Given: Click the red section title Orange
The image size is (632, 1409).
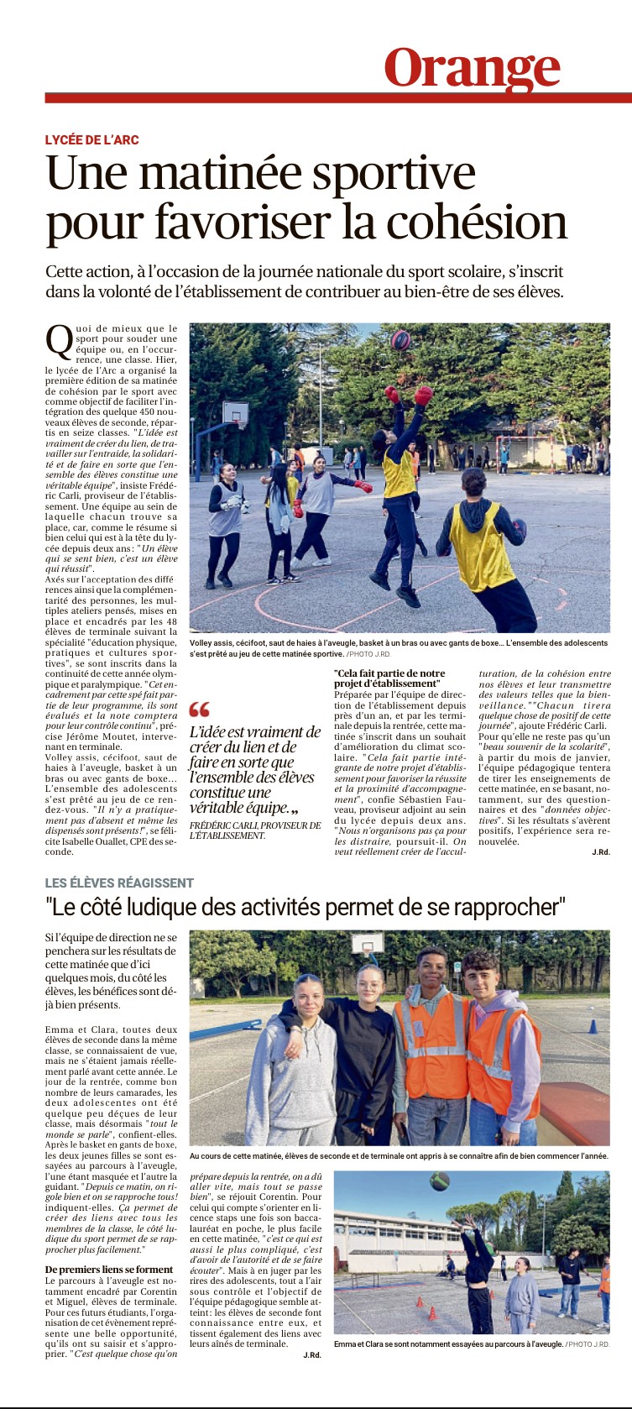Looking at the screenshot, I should (x=472, y=67).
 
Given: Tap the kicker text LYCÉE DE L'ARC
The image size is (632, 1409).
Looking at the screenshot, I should (x=91, y=140).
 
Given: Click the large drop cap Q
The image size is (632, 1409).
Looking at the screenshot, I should (x=59, y=340).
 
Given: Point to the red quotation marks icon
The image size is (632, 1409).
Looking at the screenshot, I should (x=200, y=710).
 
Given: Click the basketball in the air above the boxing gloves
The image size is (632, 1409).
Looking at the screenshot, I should (x=401, y=340).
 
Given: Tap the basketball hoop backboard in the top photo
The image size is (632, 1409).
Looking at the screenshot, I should (x=235, y=413).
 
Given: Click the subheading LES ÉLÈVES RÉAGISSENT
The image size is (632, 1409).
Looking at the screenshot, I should (x=119, y=883).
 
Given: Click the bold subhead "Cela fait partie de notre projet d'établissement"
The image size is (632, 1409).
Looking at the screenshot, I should (x=389, y=678).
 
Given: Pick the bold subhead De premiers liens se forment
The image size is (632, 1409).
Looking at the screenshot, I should (x=109, y=1269).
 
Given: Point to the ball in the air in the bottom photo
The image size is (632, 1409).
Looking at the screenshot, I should (x=438, y=1182).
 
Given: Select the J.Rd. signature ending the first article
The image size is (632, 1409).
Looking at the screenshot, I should (x=600, y=851).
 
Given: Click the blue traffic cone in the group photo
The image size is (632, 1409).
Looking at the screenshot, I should (x=593, y=1026).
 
